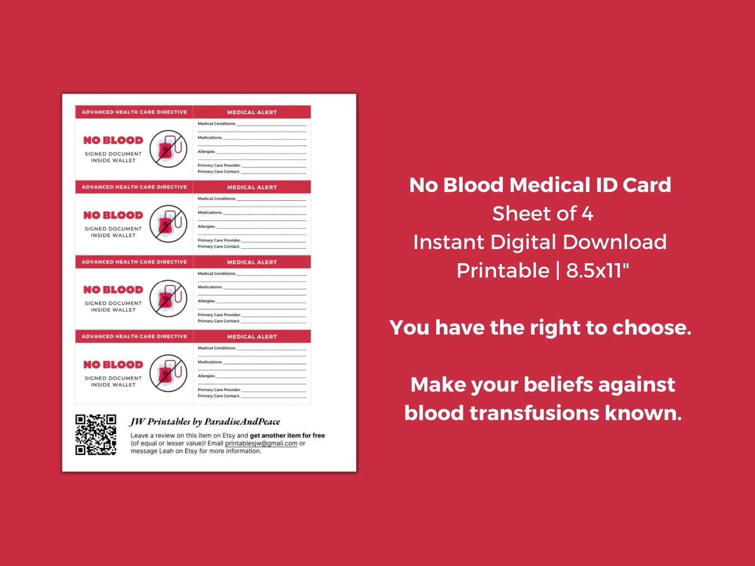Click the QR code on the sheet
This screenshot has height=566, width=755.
[96, 434]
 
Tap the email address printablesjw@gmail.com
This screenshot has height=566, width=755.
[261, 443]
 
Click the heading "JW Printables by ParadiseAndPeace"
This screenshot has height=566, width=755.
[205, 422]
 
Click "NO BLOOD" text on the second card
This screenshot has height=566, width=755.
[113, 215]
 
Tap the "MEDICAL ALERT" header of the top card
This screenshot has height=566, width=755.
[252, 113]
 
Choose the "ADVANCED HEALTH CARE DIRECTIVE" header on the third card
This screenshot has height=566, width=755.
[134, 262]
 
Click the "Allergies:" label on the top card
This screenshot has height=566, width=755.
[206, 152]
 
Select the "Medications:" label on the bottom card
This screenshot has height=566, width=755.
[210, 362]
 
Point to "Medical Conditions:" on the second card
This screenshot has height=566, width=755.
[216, 199]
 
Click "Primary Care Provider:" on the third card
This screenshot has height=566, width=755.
[219, 315]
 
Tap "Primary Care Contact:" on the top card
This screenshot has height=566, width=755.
[218, 172]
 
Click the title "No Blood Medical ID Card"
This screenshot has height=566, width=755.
[540, 185]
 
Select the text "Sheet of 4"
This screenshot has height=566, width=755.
[542, 214]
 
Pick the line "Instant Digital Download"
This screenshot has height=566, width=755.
[540, 242]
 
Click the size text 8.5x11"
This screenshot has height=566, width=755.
[597, 271]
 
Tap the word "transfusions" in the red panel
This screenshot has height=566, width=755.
[534, 413]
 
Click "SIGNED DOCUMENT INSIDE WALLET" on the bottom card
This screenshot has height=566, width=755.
[113, 382]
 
